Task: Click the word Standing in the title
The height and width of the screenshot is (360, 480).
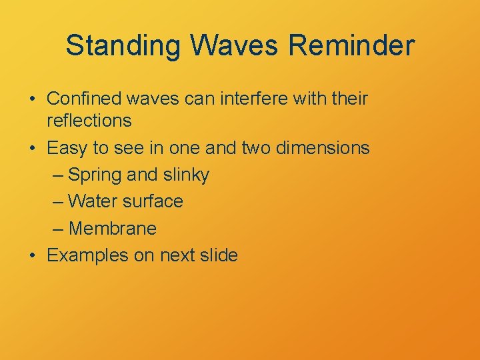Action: coord(123,46)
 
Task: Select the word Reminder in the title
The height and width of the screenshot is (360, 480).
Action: coord(353,46)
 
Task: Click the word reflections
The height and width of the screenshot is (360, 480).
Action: coord(89,121)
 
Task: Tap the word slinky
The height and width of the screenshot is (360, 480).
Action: coord(185,175)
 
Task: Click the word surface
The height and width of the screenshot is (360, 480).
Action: coord(153,201)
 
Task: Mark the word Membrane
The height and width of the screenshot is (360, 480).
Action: coord(113,229)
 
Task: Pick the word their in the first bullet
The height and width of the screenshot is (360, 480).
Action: coord(348,99)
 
